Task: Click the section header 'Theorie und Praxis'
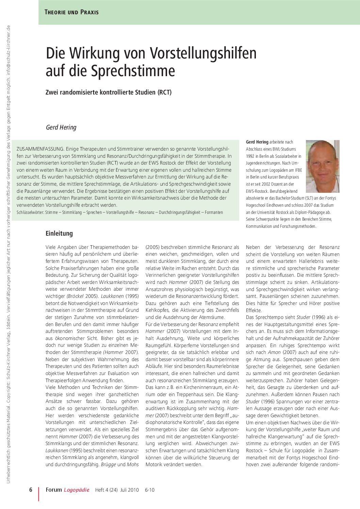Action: (x=71, y=12)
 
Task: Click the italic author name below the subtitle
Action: (x=61, y=128)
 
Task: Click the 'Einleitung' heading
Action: (x=59, y=234)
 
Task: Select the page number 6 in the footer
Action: (x=30, y=490)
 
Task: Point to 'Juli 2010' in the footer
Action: (x=130, y=490)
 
